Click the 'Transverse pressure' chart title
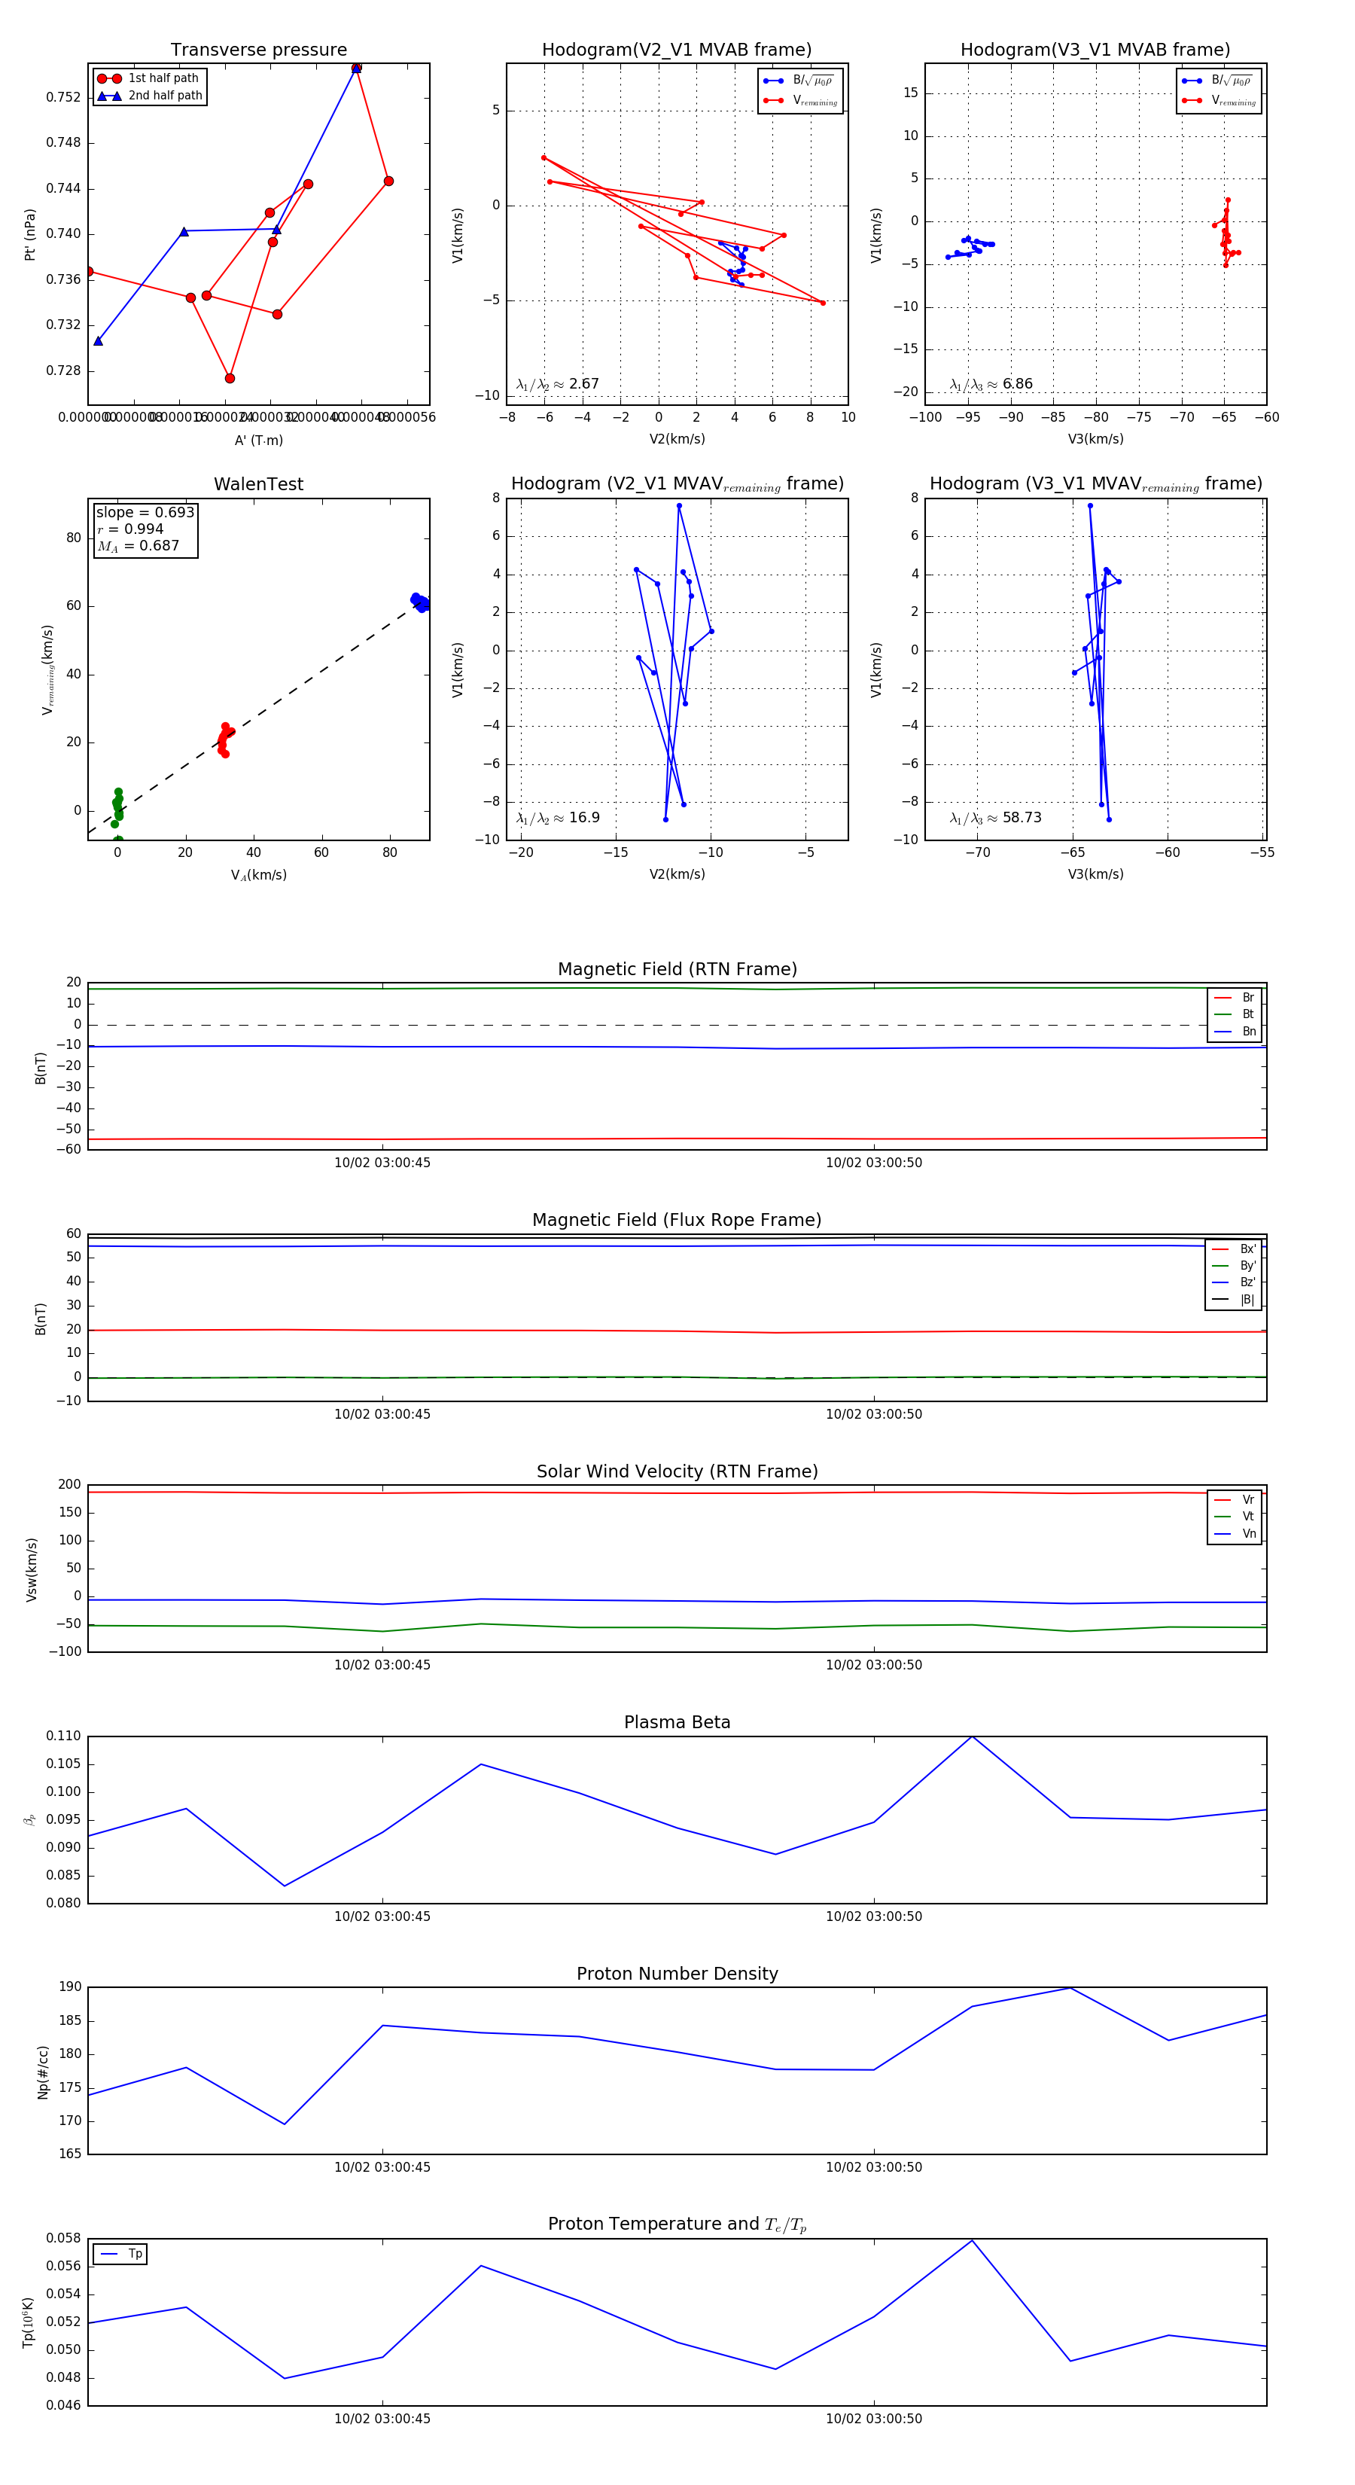point(258,50)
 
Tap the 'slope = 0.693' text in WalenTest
point(145,512)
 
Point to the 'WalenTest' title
point(258,484)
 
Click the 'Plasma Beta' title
point(677,1722)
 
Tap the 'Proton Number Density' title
point(677,1974)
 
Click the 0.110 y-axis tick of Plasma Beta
point(64,1736)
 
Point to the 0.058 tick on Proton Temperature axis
point(64,2238)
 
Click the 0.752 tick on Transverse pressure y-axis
point(64,96)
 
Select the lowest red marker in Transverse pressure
point(230,378)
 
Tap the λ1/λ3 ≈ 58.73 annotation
point(995,818)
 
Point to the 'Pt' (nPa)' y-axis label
point(30,234)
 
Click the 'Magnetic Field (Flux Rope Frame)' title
point(677,1221)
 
